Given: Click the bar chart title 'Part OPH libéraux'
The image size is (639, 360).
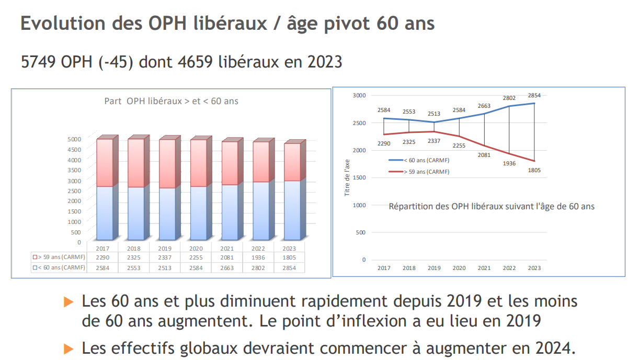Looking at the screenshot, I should coord(172,101).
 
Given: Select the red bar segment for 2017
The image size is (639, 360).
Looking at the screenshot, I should coord(104,163).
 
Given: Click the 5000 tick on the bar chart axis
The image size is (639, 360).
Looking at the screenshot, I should coord(75,139).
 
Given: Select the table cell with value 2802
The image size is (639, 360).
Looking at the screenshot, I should coord(258,268).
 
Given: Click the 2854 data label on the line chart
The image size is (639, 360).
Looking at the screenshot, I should coord(534,96).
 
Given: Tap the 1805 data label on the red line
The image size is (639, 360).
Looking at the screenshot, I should coord(534,170).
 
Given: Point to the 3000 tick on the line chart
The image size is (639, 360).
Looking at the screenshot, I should coord(359,96).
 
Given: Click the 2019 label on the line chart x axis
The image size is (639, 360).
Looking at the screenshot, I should coord(434,268).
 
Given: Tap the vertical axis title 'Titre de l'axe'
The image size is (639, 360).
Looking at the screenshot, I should coord(347,178).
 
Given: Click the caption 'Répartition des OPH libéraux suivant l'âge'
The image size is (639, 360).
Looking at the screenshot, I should coord(492,206).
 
